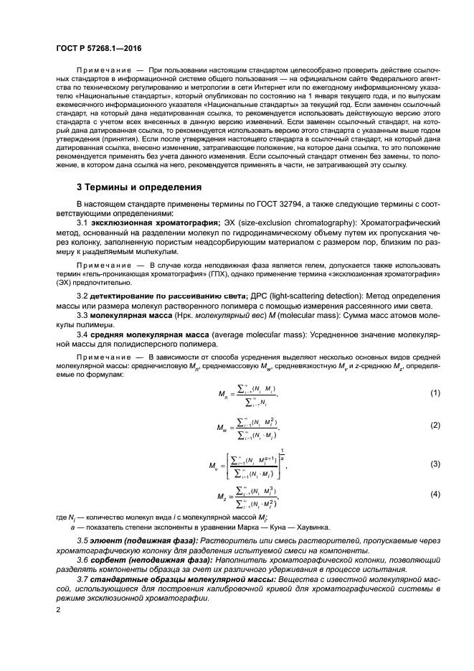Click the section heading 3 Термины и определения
[139, 187]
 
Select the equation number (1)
[435, 393]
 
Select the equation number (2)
[435, 426]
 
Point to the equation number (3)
[435, 464]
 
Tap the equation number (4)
[435, 495]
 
